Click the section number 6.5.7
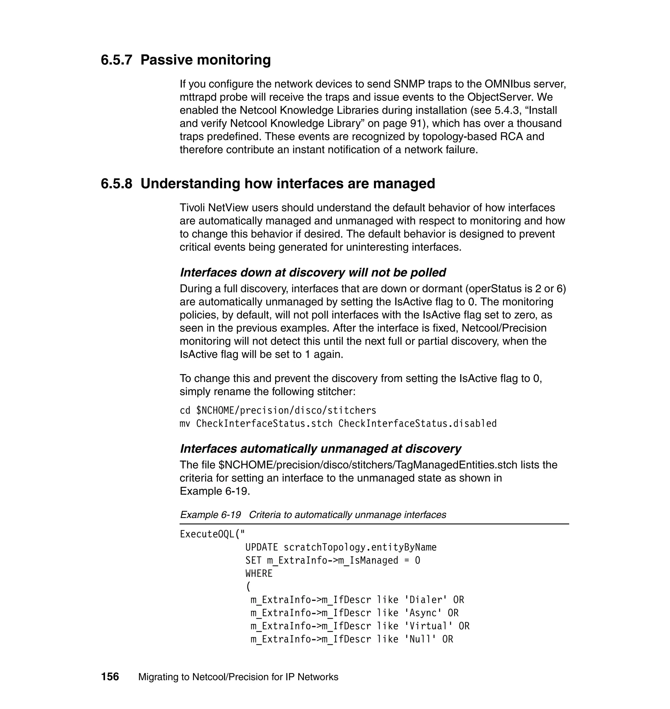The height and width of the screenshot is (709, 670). click(x=116, y=60)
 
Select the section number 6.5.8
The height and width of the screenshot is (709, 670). click(x=116, y=183)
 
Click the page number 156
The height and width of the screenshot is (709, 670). click(x=110, y=677)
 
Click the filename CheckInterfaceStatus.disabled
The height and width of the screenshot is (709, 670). click(x=417, y=424)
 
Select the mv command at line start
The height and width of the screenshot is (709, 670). click(x=185, y=424)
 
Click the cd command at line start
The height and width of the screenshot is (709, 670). click(x=185, y=410)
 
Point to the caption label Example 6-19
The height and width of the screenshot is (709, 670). click(x=210, y=514)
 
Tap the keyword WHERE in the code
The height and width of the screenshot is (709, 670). click(x=258, y=573)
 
